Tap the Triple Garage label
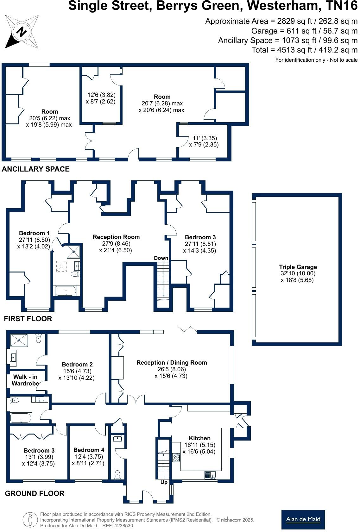[298, 267]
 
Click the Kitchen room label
[199, 438]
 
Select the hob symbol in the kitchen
[176, 457]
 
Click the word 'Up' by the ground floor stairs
[164, 482]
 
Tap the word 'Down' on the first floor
[161, 258]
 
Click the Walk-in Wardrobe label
[25, 380]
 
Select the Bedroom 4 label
[89, 450]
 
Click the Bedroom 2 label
[77, 364]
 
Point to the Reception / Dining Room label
[172, 362]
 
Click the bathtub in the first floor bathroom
[66, 291]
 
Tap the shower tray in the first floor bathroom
[74, 252]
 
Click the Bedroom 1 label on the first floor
[34, 233]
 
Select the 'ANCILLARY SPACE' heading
[36, 169]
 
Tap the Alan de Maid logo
[303, 519]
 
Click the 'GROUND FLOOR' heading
[35, 493]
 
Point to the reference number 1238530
[124, 526]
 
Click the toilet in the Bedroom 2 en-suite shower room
[39, 339]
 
